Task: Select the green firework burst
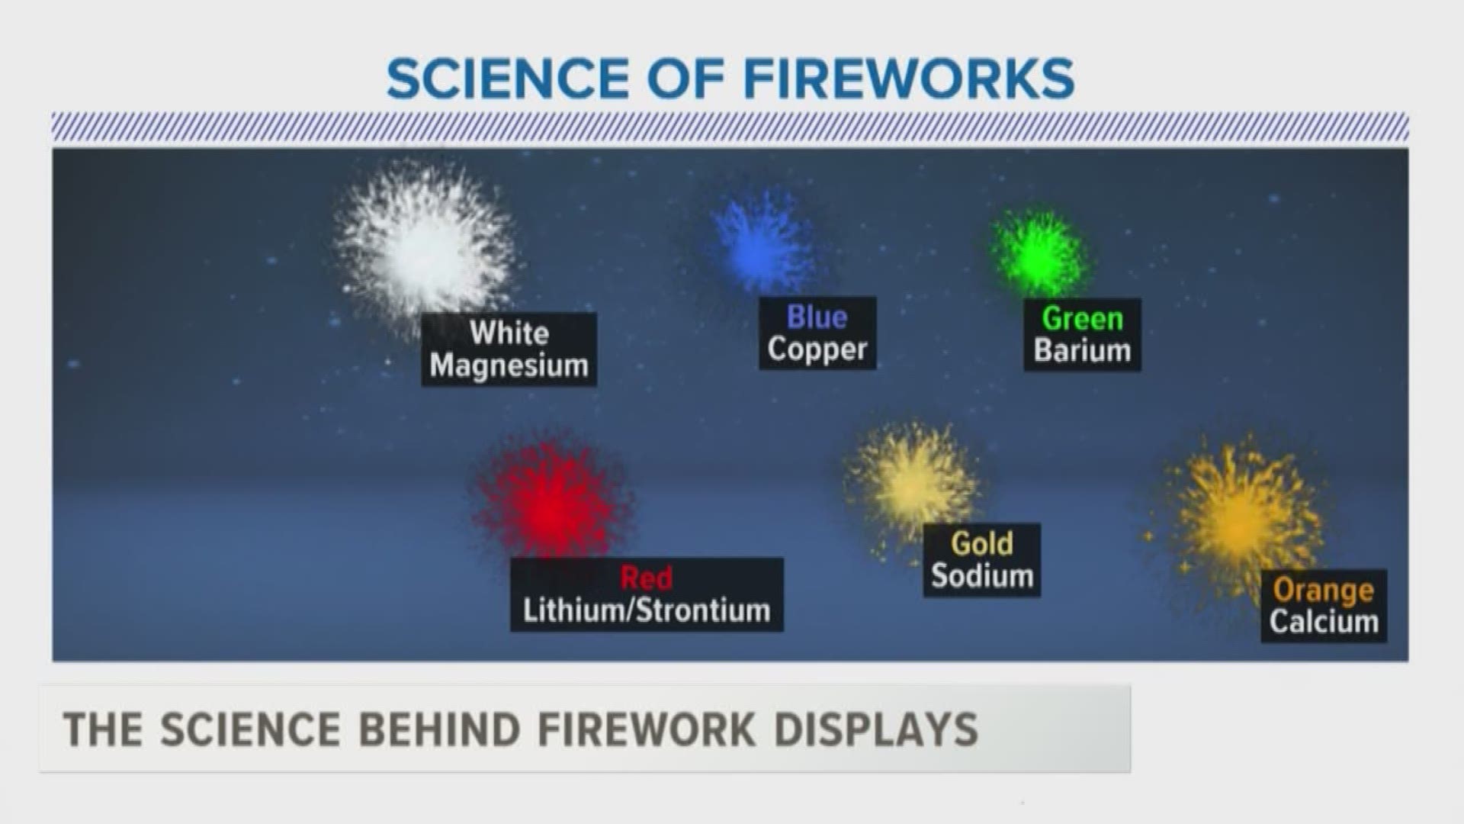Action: (1039, 252)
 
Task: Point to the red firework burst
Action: (551, 504)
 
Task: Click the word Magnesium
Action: (509, 365)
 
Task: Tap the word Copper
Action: (817, 349)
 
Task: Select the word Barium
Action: (1082, 350)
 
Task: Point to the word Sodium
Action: (982, 575)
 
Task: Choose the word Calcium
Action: (1324, 621)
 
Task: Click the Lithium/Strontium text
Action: (647, 610)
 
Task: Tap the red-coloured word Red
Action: (647, 578)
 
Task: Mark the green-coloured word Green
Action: (1083, 319)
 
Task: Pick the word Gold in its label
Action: (982, 543)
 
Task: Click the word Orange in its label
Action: (1324, 590)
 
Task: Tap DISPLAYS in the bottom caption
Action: (877, 729)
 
